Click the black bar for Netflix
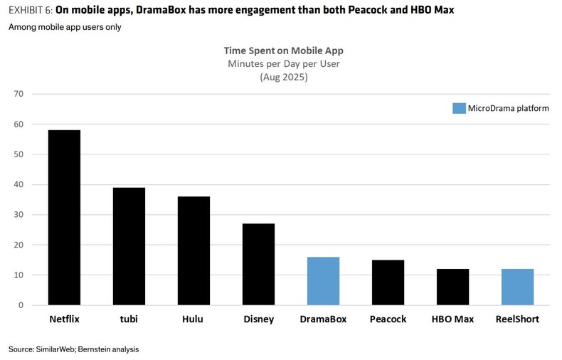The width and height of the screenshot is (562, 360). coord(64,218)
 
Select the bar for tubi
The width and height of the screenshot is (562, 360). coord(129,246)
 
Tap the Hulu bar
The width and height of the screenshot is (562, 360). coord(193,250)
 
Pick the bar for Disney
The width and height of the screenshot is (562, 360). coord(258,264)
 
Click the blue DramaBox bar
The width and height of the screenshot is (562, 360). coord(323,281)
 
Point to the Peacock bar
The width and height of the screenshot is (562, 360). coord(388,282)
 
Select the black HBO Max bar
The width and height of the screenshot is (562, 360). coord(452,287)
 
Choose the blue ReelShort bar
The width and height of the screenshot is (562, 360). coord(517,287)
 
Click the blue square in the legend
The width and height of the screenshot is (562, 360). coord(459,108)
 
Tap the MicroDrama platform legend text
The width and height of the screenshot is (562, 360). coord(508,108)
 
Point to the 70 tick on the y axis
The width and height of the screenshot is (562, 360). coord(18,94)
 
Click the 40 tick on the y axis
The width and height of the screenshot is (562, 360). coord(18,184)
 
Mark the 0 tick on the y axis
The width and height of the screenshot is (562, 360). coord(21,305)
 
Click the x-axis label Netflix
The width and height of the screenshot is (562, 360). coord(64,319)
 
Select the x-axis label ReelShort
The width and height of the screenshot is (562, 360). coord(517,319)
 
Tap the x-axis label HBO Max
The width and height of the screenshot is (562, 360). coord(452,319)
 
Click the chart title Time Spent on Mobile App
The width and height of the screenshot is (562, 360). coord(283,51)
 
